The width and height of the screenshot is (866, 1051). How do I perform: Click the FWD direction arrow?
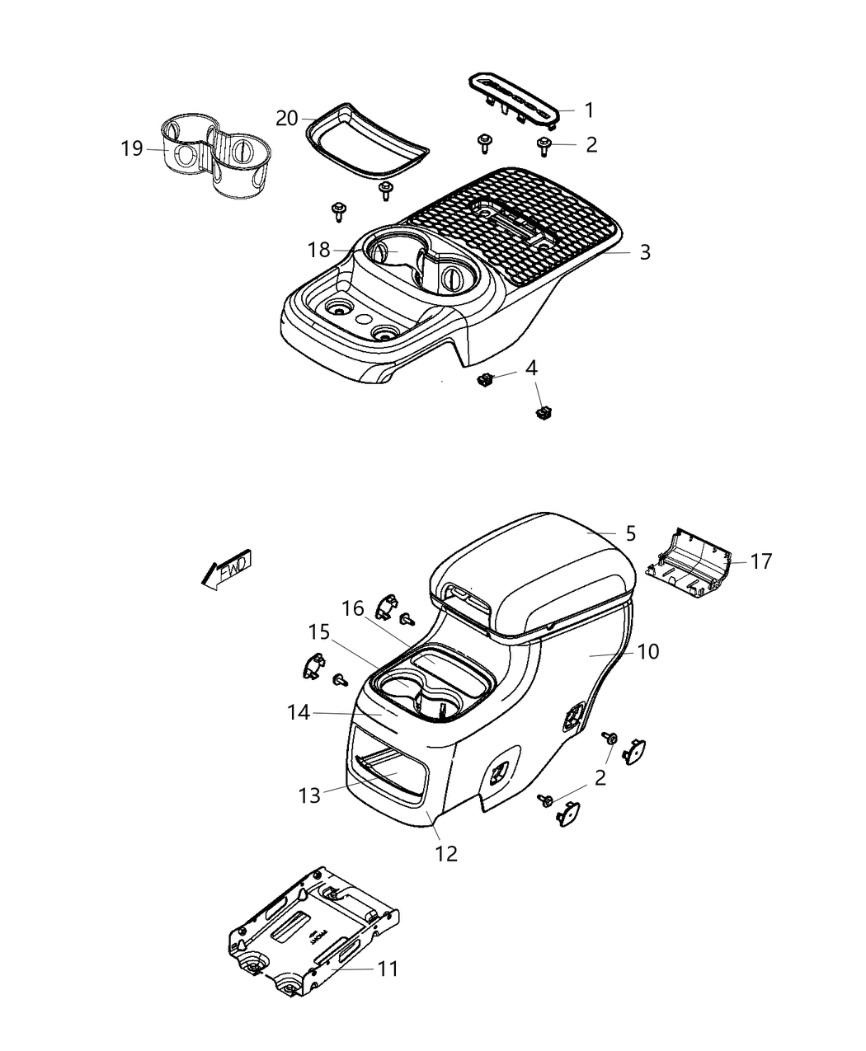pos(226,568)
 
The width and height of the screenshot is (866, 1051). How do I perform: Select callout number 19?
pos(131,148)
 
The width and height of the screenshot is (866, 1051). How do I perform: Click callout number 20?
pos(286,119)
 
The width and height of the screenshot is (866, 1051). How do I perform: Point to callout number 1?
pos(589,110)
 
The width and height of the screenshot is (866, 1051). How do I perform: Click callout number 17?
pos(761,561)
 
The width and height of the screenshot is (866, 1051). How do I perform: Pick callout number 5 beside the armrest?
pos(630,533)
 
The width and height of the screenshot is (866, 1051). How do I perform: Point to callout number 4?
pos(532,368)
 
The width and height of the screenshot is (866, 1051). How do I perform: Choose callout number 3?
pos(645,252)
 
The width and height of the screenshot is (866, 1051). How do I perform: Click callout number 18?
pos(319,250)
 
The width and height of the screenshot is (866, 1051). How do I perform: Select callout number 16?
pos(353,608)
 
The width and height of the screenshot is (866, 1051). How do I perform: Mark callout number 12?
pos(446,853)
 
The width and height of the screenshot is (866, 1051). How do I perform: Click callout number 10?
pos(648,651)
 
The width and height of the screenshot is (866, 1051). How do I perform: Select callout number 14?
pos(299,712)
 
